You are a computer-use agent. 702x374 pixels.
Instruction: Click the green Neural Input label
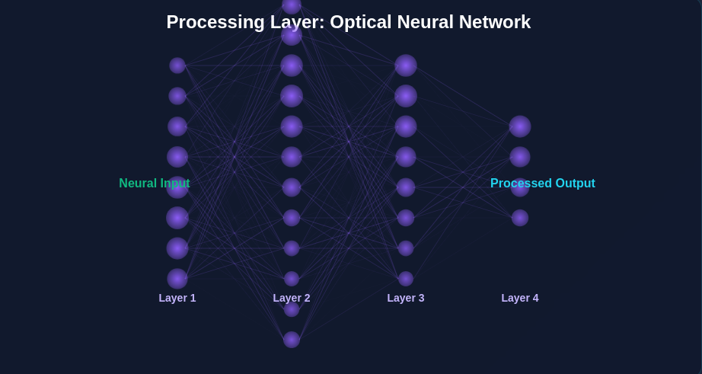coord(154,184)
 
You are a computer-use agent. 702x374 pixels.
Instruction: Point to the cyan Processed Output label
coord(542,184)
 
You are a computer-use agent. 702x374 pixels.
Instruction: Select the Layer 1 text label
coord(177,298)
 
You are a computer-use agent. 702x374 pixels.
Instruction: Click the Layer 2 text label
coord(292,298)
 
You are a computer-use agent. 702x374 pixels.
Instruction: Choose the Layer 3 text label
coord(406,298)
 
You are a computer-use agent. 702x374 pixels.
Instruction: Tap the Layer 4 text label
coord(520,298)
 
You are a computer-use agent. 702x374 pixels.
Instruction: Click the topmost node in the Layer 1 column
coord(177,66)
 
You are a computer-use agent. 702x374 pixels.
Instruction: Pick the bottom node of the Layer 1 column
coord(177,279)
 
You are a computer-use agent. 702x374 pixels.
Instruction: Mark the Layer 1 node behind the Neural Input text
coord(177,187)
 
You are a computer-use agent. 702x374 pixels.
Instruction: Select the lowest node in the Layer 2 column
coord(292,340)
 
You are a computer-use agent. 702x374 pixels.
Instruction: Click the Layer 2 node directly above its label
coord(292,279)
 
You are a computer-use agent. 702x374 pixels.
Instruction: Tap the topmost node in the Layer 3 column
coord(406,66)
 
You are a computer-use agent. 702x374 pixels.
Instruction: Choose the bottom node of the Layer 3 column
coord(406,279)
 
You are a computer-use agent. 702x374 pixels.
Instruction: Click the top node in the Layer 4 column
coord(520,126)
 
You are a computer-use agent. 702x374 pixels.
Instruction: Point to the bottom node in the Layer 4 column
coord(520,218)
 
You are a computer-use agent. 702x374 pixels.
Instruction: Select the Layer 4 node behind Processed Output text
coord(520,187)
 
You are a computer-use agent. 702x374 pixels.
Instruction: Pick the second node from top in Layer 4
coord(520,157)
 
